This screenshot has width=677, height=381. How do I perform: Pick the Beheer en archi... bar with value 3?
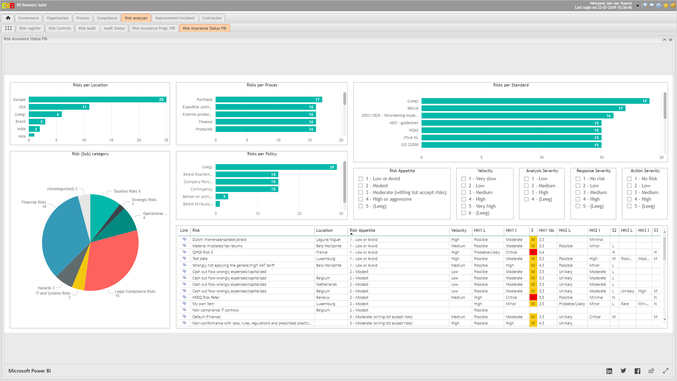pos(222,196)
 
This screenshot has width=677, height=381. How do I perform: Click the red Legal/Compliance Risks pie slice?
pos(113,261)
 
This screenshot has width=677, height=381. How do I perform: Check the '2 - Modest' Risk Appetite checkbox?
pos(361,186)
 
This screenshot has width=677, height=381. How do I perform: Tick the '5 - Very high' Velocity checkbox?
pos(464,206)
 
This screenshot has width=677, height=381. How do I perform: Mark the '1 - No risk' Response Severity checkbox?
pos(578,179)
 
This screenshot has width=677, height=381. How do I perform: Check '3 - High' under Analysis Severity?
pos(526,193)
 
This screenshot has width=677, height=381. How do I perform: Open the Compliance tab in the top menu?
pos(107,18)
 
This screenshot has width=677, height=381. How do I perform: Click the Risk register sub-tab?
pos(30,28)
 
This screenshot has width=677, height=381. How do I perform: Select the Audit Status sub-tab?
pos(114,28)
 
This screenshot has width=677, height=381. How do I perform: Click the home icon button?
pos(8,18)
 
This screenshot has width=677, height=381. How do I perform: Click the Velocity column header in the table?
pos(459,230)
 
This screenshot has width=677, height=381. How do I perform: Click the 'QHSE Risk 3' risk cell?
pos(203,253)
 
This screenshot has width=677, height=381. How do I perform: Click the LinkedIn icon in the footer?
pos(609,371)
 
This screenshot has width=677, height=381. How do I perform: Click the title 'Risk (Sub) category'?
pos(90,154)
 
